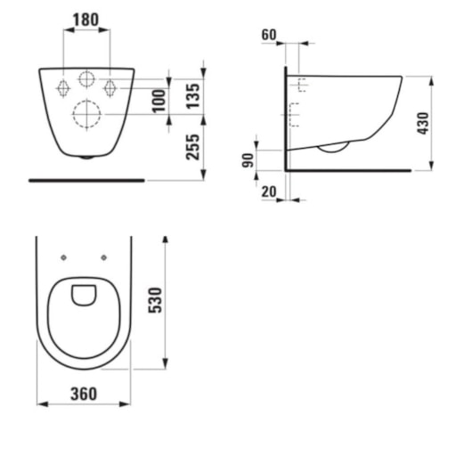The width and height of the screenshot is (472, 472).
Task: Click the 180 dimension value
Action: [x=86, y=18]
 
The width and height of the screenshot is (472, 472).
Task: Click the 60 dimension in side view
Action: [x=269, y=36]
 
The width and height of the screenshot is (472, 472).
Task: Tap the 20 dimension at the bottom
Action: [x=269, y=191]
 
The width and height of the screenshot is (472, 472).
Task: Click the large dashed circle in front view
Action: [x=86, y=115]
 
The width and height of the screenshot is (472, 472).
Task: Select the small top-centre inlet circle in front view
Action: [x=86, y=78]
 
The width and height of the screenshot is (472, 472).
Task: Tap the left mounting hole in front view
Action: [x=63, y=87]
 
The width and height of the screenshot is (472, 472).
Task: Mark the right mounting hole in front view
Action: [x=110, y=87]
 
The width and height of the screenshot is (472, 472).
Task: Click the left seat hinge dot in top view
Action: [x=64, y=259]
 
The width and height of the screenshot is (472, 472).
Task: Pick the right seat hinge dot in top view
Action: [x=105, y=259]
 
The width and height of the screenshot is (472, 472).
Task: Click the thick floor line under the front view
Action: [x=86, y=179]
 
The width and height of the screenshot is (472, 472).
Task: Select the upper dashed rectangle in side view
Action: [x=300, y=86]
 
